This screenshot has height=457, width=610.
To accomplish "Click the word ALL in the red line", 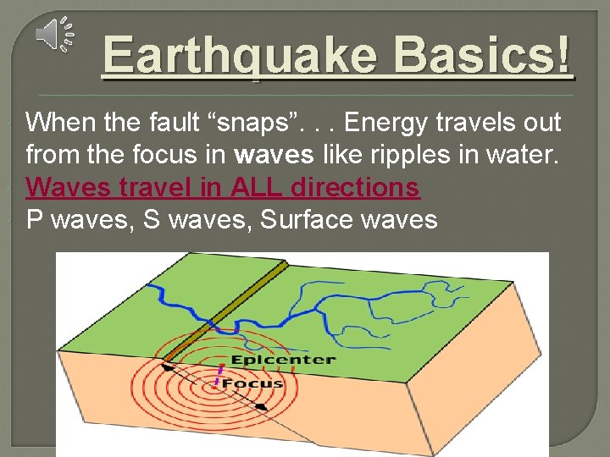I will (253, 187).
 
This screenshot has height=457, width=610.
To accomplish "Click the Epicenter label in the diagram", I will (283, 360).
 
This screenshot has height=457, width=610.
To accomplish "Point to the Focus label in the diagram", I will (252, 383).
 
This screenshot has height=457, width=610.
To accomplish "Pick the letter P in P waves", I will (35, 220).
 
